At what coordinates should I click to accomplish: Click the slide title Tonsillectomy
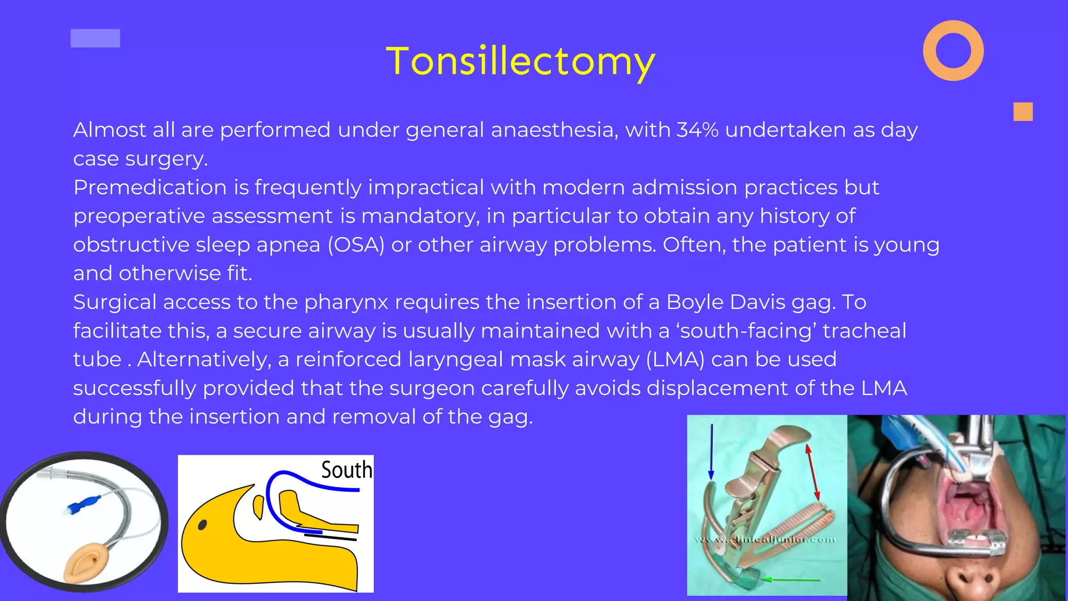tap(520, 62)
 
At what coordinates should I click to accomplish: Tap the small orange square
tap(1023, 112)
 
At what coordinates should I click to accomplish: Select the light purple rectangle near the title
tap(95, 38)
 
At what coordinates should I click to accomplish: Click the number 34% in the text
tap(697, 130)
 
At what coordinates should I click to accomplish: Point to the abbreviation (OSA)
tap(356, 245)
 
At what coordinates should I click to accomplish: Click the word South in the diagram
tap(346, 470)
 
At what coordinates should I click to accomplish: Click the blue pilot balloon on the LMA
tap(83, 504)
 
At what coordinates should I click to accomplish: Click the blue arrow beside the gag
tap(711, 451)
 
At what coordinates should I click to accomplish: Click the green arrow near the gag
tap(790, 579)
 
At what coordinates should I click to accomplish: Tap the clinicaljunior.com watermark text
tap(764, 539)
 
